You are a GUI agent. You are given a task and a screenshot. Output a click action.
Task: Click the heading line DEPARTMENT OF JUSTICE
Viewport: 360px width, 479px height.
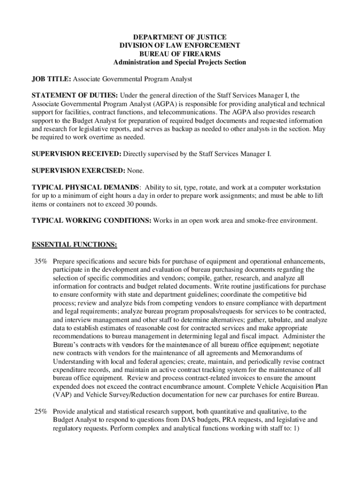click(180, 37)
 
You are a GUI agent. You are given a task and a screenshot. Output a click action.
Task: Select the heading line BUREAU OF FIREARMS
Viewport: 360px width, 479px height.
click(180, 54)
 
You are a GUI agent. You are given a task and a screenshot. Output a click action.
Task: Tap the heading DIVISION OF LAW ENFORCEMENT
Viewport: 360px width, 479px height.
click(180, 45)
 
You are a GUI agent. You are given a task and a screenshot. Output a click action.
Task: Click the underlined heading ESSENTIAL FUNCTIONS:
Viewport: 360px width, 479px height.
click(74, 245)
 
